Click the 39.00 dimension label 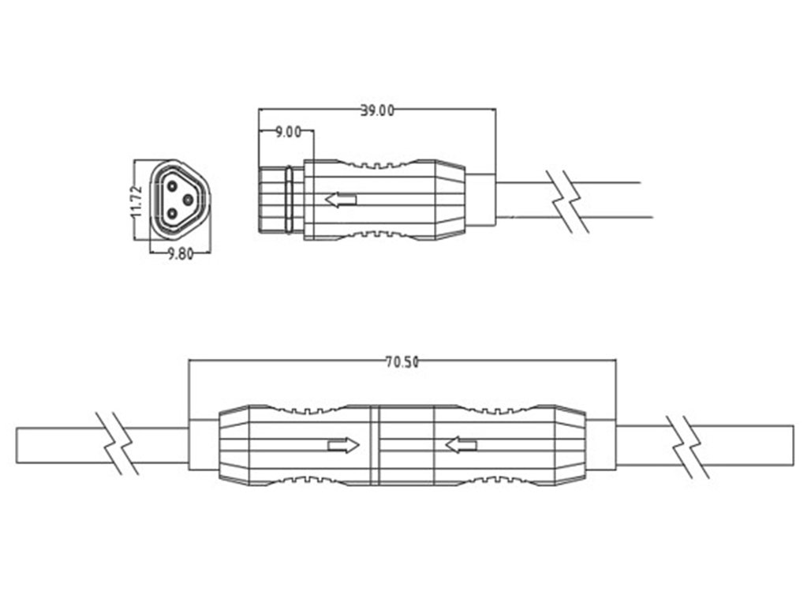pyautogui.click(x=376, y=110)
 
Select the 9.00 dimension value pyautogui.click(x=288, y=132)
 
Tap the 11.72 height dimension pyautogui.click(x=136, y=201)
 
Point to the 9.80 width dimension pyautogui.click(x=181, y=254)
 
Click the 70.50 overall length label pyautogui.click(x=402, y=361)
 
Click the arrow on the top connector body pyautogui.click(x=341, y=200)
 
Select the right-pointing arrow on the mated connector pyautogui.click(x=343, y=445)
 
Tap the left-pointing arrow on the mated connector pyautogui.click(x=461, y=444)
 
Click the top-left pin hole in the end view pyautogui.click(x=172, y=185)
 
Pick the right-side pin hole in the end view pyautogui.click(x=189, y=200)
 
